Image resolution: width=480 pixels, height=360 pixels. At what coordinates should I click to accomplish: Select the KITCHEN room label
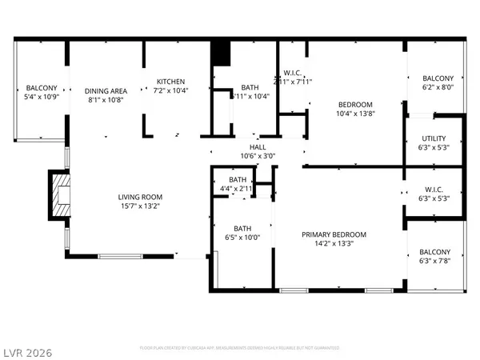tap(170, 82)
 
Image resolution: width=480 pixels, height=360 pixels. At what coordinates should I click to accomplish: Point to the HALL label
tap(258, 147)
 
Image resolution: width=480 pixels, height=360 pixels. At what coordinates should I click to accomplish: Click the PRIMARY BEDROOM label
tap(334, 234)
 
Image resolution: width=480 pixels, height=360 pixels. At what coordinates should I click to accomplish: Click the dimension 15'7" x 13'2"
tap(140, 207)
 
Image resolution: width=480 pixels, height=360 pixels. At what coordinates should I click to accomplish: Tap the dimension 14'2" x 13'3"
tap(334, 245)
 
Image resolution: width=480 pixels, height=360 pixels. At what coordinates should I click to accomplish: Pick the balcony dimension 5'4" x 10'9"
tap(42, 98)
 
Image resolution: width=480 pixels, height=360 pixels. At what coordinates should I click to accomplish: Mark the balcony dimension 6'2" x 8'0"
tap(438, 87)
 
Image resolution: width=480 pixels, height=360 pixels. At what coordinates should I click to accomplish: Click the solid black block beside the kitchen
tap(220, 54)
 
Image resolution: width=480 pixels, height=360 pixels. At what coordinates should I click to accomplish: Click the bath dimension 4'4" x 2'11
tap(238, 190)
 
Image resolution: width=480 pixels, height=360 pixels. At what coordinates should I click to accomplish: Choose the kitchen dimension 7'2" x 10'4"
tap(170, 91)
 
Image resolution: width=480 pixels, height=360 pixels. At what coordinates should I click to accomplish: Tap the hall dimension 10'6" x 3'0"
tap(258, 157)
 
